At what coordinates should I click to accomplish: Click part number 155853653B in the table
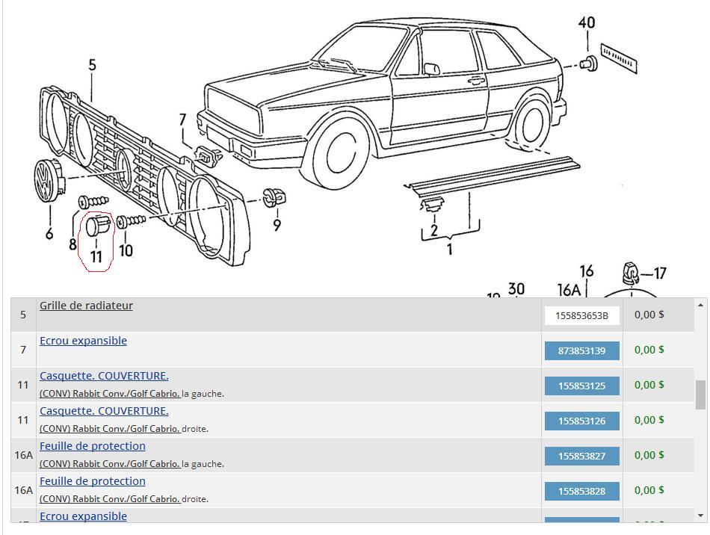pos(581,315)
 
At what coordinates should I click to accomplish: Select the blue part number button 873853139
pos(581,350)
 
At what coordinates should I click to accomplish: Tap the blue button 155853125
pos(581,386)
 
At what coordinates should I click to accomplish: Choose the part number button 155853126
pos(581,421)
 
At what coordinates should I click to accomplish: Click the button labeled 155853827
pos(581,456)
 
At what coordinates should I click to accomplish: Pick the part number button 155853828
pos(581,491)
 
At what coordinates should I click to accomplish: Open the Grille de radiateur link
pos(86,306)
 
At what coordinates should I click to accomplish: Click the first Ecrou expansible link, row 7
pos(83,341)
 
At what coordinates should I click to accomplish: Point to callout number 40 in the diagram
pos(587,23)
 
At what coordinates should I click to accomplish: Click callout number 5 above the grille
pos(92,66)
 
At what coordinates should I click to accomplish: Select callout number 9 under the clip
pos(277,224)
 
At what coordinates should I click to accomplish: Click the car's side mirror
pos(431,69)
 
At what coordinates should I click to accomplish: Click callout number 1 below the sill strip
pos(449,249)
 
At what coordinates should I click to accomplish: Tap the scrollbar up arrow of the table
pos(700,305)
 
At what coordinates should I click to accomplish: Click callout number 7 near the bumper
pos(182,120)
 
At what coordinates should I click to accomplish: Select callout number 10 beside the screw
pos(126,250)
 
